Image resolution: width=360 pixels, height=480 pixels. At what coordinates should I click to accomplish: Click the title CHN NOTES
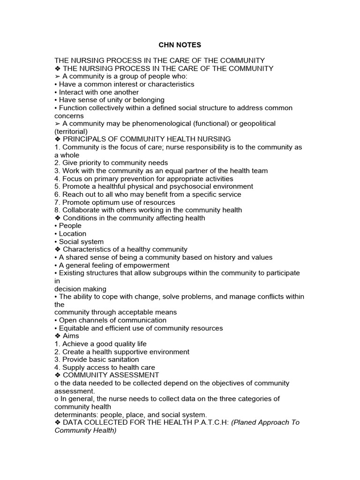(x=180, y=45)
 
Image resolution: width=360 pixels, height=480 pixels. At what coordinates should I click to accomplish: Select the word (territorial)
(x=71, y=131)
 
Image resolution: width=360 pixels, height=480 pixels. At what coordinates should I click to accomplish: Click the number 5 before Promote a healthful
(x=57, y=187)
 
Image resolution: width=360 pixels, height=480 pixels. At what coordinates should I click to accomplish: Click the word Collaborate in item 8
(x=83, y=210)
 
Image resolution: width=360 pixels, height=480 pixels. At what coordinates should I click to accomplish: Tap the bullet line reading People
(x=70, y=226)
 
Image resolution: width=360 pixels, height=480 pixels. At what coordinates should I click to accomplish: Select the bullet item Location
(x=73, y=233)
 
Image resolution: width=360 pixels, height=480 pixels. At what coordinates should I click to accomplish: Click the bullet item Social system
(x=81, y=241)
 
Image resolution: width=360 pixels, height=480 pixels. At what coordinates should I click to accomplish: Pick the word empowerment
(x=147, y=265)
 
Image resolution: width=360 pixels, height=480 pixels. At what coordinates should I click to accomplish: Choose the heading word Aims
(x=71, y=336)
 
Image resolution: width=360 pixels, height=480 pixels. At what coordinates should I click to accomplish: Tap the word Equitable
(x=76, y=328)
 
